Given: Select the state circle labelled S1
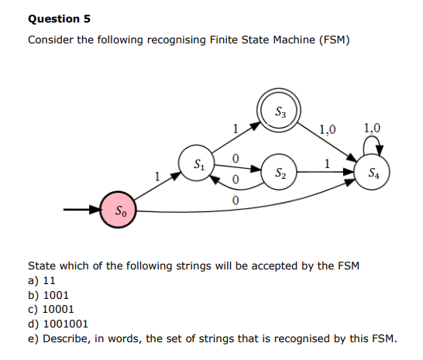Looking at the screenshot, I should tap(199, 164).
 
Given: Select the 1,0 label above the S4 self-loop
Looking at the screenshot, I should tap(372, 128).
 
